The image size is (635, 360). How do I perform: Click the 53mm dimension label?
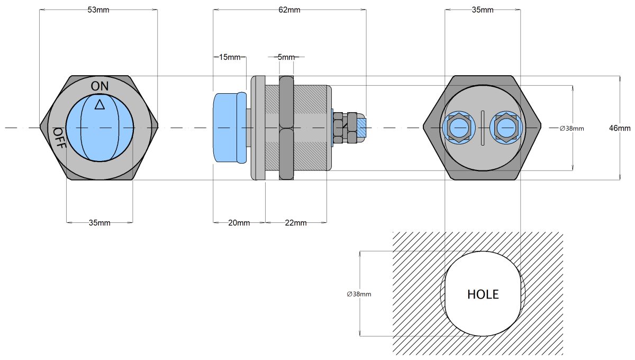[98, 10]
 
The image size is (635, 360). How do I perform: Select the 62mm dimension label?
[289, 10]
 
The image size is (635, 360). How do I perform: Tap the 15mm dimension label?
[230, 57]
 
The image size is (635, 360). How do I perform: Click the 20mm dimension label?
[239, 223]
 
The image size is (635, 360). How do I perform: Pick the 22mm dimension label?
[296, 223]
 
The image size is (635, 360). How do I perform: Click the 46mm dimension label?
[620, 128]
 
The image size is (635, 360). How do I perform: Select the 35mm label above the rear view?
[482, 10]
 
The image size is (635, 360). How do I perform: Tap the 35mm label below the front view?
[99, 223]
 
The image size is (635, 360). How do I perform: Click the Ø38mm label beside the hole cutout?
[359, 294]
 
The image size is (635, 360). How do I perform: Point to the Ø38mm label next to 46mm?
[571, 128]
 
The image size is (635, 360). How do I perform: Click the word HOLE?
[483, 294]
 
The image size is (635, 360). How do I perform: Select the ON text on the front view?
[99, 86]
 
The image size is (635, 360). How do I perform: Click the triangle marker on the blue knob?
[99, 104]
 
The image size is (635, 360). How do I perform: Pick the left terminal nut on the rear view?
[459, 128]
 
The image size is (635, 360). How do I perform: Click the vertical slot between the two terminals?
[483, 128]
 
